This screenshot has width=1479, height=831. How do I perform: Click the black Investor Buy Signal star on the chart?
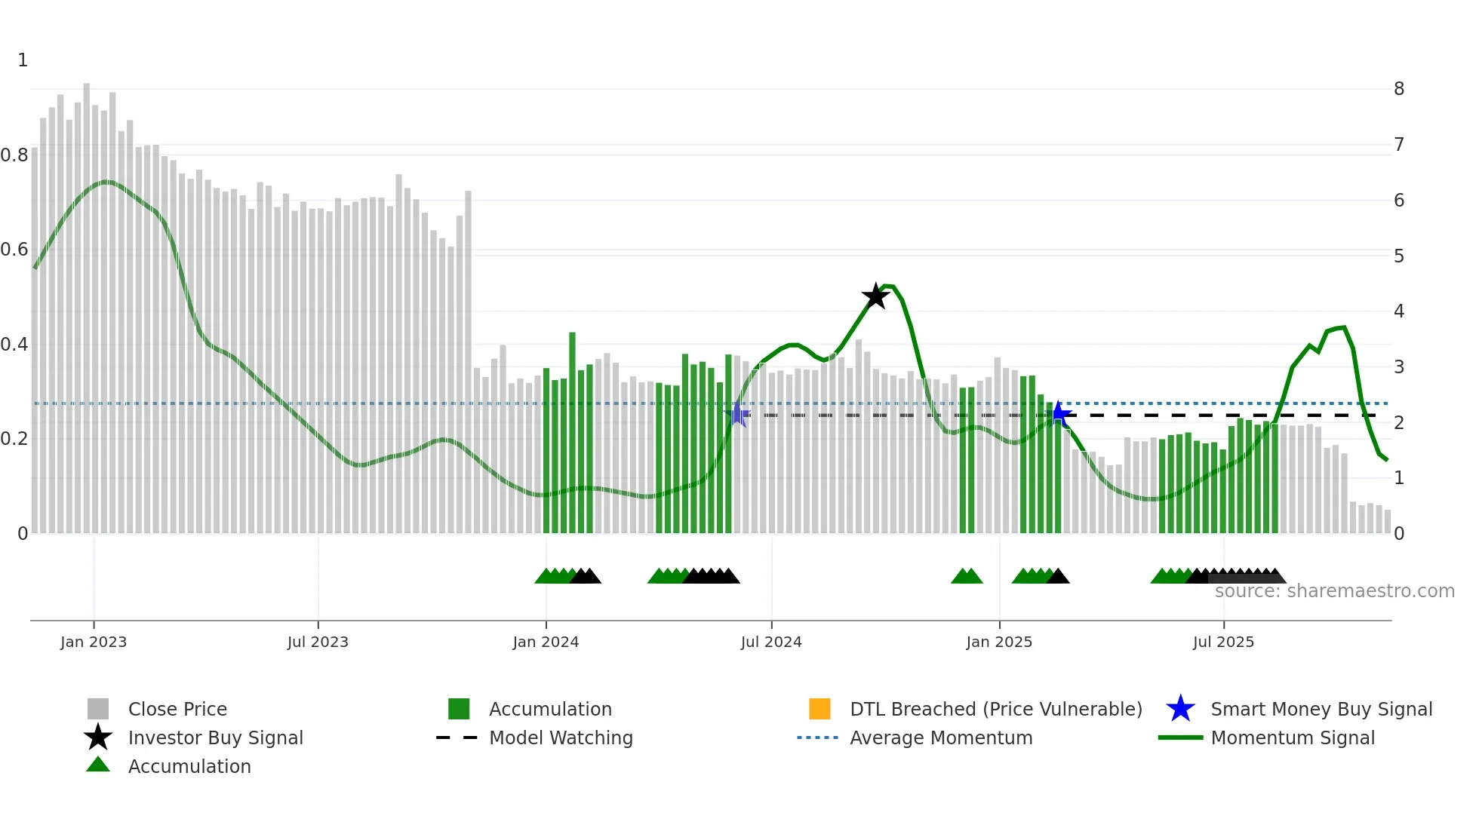[875, 296]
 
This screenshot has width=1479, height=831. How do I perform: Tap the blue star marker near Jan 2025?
[1059, 414]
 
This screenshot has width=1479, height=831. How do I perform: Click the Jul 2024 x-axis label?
[771, 642]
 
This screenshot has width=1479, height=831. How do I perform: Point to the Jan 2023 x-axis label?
[94, 642]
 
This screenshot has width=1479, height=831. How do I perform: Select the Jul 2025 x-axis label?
[1223, 642]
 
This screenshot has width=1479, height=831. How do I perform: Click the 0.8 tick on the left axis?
[14, 155]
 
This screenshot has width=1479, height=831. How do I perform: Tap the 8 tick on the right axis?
[1399, 89]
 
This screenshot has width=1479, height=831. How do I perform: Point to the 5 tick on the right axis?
[1399, 256]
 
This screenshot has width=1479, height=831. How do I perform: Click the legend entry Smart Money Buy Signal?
[1321, 709]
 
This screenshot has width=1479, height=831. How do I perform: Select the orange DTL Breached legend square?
[819, 709]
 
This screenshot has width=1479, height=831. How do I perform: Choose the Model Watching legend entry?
[561, 737]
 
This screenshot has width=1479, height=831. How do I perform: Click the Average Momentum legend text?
[941, 737]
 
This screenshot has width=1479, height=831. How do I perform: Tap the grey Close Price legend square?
[98, 709]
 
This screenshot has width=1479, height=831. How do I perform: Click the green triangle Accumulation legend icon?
[98, 765]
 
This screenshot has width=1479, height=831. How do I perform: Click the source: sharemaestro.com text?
[1334, 591]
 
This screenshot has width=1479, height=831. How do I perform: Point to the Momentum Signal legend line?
[1180, 737]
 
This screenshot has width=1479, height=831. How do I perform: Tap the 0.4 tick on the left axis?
[14, 345]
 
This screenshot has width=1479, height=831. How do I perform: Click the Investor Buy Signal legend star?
[98, 737]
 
